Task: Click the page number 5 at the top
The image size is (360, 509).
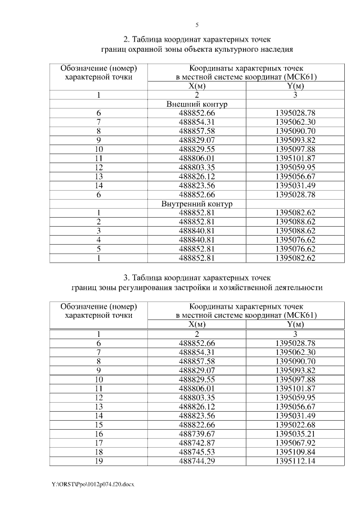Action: (197, 25)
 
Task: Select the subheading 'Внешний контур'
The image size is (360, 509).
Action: (197, 105)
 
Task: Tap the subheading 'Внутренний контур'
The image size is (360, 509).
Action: (197, 204)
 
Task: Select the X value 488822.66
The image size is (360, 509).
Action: (197, 424)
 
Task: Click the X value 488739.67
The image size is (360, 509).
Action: (197, 434)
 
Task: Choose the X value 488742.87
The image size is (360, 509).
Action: (197, 443)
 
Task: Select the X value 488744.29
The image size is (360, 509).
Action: (197, 461)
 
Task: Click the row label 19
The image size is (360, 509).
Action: (98, 461)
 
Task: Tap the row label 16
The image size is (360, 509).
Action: (98, 434)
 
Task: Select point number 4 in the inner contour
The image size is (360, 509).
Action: (98, 240)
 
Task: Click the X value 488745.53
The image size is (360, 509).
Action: (197, 452)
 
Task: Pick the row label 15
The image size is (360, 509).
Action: (98, 424)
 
